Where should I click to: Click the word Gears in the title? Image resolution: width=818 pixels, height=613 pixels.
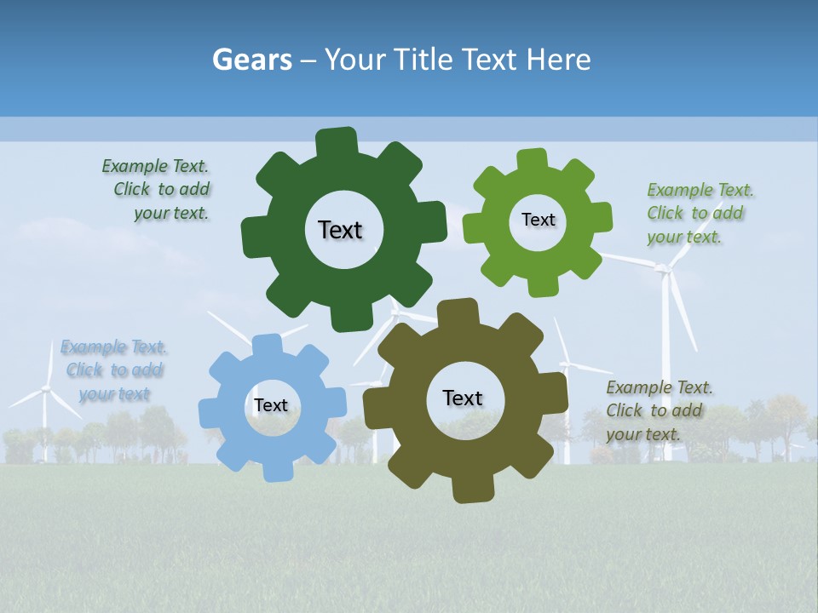[251, 60]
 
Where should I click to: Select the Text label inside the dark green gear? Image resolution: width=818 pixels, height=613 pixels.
[340, 230]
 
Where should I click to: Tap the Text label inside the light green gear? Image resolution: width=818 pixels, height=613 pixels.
[538, 220]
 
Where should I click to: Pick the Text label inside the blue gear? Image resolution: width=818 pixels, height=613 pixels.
[271, 405]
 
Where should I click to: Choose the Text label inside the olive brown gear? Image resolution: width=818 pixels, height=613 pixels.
[463, 398]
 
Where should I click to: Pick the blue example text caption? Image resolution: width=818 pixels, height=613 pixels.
[113, 370]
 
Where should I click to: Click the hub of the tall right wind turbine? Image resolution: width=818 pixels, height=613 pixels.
[662, 269]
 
